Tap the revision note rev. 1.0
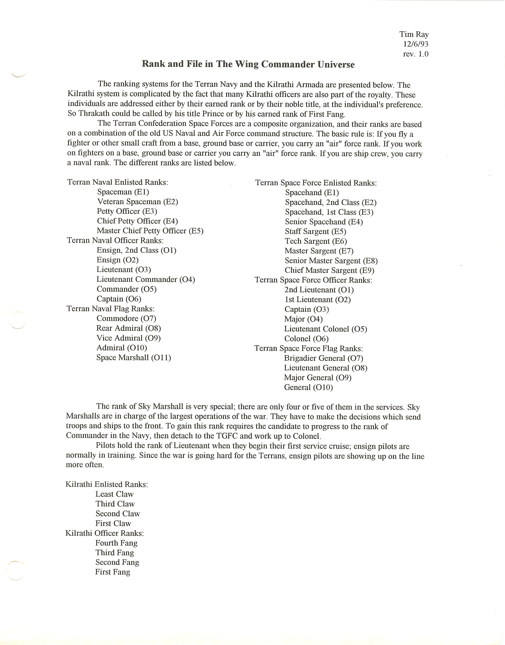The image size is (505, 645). point(415,54)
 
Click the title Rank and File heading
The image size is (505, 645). point(248,64)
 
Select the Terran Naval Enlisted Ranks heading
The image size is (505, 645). point(117,182)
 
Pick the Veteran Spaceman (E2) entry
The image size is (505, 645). point(137,202)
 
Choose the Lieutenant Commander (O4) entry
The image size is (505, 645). point(146,279)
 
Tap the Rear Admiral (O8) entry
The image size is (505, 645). point(128,328)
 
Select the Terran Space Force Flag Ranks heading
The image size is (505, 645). point(308,349)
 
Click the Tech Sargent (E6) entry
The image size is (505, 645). point(315,241)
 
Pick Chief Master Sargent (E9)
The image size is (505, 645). point(329,271)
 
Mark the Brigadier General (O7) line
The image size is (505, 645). point(323,358)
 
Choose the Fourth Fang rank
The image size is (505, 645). point(116,543)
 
